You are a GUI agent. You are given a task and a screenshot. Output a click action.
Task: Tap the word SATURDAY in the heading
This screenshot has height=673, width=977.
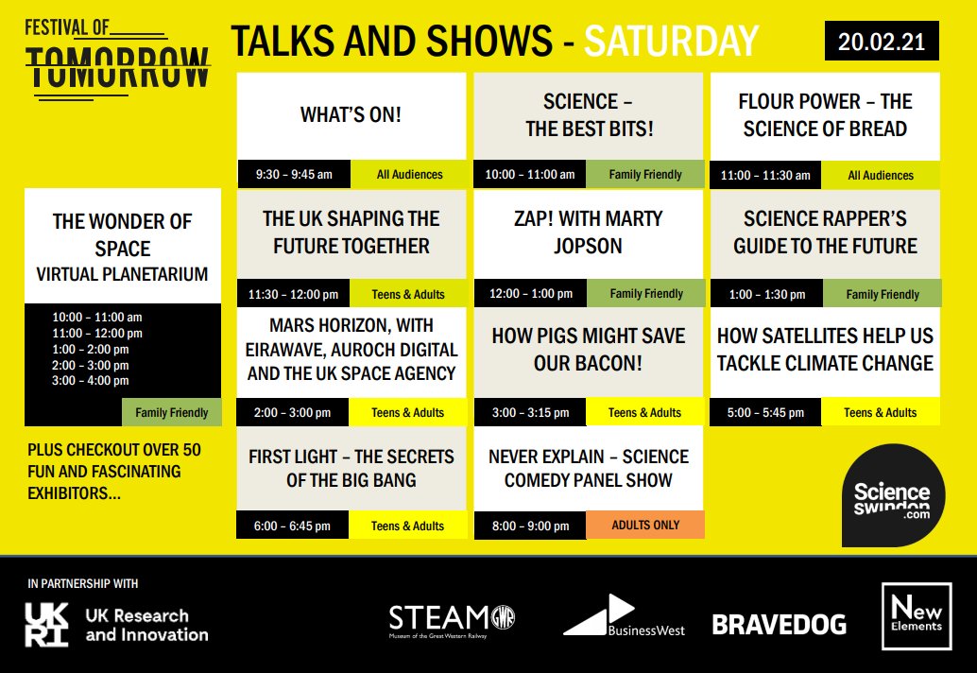pos(671,42)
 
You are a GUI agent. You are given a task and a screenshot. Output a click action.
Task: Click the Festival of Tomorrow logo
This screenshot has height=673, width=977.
pos(117,57)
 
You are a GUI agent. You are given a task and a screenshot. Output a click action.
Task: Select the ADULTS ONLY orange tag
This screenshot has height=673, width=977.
pos(645,525)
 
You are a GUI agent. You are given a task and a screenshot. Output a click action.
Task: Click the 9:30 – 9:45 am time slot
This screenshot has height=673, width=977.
pos(295,174)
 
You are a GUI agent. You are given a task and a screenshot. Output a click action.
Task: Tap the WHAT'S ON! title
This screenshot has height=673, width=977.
pos(351,115)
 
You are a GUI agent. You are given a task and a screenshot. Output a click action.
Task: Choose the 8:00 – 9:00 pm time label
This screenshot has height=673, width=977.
pos(530,526)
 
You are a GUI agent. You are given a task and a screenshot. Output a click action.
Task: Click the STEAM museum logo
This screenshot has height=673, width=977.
pos(452,621)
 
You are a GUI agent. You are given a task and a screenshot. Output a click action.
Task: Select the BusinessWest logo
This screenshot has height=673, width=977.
pos(624,617)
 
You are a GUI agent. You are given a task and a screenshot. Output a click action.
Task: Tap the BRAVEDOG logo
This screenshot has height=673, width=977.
pos(779,624)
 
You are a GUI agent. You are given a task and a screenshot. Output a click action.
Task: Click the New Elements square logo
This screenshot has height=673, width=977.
pos(915,616)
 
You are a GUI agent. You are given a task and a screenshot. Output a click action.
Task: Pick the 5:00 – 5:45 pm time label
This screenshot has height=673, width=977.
pos(766,412)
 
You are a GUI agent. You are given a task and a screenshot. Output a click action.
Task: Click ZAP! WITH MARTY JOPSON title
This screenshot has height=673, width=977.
pos(588,233)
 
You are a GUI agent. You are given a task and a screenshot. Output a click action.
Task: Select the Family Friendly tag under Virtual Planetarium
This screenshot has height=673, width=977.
pos(171,412)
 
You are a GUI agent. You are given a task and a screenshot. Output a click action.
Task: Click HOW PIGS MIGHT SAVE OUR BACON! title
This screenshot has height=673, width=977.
pos(588,350)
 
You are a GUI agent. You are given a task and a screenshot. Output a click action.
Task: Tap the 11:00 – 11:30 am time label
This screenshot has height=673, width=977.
pos(765,175)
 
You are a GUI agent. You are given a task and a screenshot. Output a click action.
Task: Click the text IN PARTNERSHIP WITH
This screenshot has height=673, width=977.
pos(83,583)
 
